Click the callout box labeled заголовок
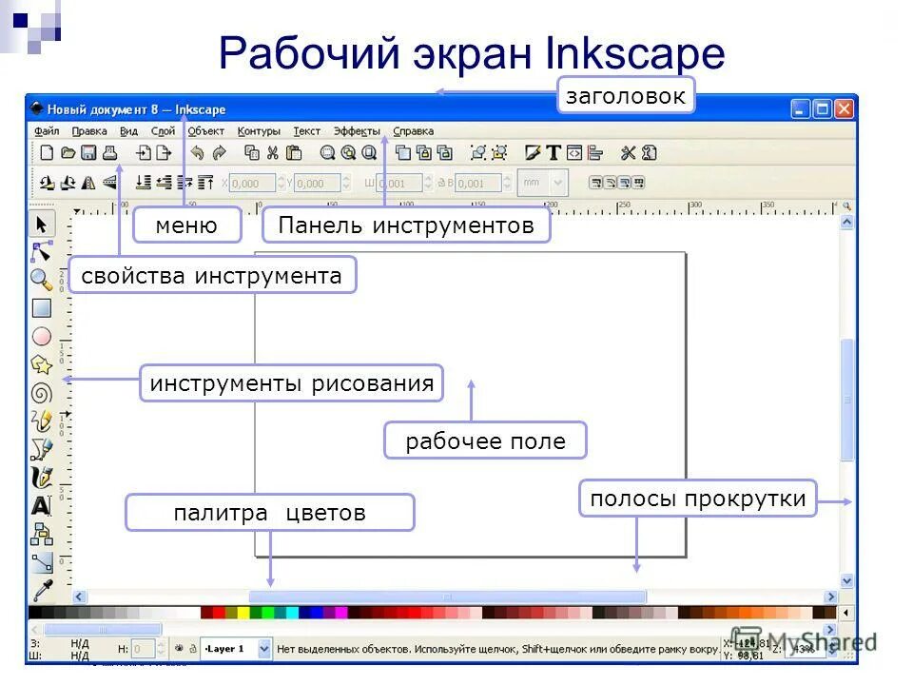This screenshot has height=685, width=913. (x=626, y=96)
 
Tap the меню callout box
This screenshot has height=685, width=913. (x=186, y=225)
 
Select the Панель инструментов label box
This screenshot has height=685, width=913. (x=406, y=225)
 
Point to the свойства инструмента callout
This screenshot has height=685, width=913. (x=212, y=276)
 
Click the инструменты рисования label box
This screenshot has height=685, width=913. (x=292, y=383)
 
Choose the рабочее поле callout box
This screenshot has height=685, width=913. (x=485, y=441)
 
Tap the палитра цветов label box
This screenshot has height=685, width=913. (x=269, y=513)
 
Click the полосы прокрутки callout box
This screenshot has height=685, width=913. (x=697, y=499)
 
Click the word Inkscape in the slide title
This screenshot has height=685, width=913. (x=635, y=53)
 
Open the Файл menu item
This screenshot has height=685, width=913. (x=47, y=131)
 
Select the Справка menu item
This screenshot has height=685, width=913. (x=413, y=131)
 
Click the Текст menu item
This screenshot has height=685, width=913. (x=306, y=131)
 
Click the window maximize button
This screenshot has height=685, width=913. (x=822, y=108)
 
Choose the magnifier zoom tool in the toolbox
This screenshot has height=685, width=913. (x=41, y=279)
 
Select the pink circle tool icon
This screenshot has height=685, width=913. (x=41, y=336)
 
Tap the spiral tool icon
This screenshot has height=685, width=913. (x=41, y=392)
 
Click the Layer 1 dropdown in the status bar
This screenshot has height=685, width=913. (x=235, y=649)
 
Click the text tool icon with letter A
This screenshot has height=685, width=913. (x=41, y=505)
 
